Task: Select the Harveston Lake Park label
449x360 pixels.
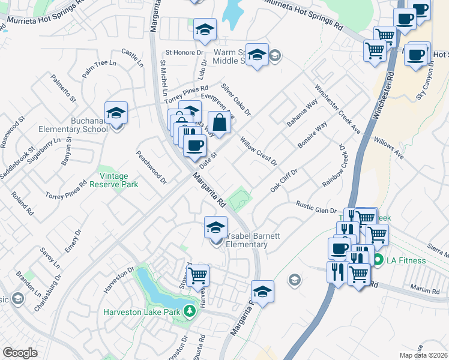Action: (x=143, y=312)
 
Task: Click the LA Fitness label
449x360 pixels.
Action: (x=406, y=260)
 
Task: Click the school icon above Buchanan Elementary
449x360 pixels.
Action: (x=116, y=113)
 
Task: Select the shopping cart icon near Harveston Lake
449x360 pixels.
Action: (x=197, y=276)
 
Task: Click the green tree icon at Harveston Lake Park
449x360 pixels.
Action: (x=190, y=311)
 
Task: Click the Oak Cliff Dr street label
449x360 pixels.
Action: (x=284, y=180)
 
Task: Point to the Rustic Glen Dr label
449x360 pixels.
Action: (x=317, y=207)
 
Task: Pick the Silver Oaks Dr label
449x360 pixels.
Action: (x=235, y=100)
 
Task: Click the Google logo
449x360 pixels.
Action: (x=20, y=353)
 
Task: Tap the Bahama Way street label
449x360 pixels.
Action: (x=302, y=112)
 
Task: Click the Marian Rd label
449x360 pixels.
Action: (x=426, y=290)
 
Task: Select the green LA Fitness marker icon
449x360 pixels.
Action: (x=378, y=260)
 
